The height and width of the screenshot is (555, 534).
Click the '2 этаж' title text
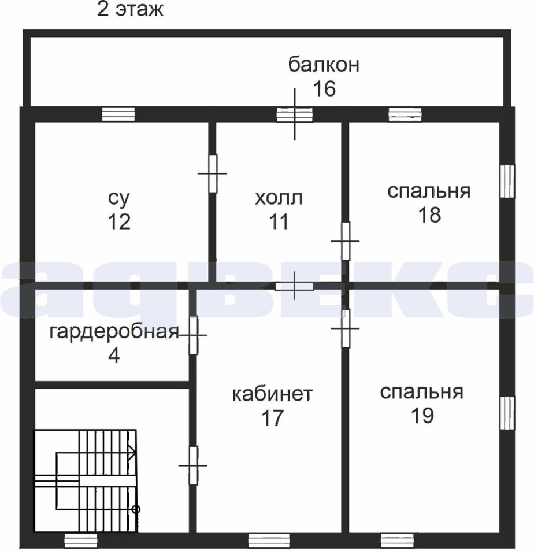pyautogui.click(x=130, y=10)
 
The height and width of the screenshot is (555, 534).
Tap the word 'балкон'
pyautogui.click(x=324, y=64)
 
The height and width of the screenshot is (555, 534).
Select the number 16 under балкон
pyautogui.click(x=325, y=88)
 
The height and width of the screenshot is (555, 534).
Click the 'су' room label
pyautogui.click(x=119, y=198)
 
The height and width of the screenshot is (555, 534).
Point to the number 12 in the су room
pyautogui.click(x=119, y=222)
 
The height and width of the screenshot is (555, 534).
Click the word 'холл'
pyautogui.click(x=279, y=198)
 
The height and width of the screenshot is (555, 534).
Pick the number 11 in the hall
pyautogui.click(x=279, y=222)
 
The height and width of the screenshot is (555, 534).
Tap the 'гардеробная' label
pyautogui.click(x=114, y=332)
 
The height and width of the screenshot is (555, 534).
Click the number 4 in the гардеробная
pyautogui.click(x=114, y=356)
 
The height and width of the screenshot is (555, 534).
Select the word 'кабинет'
pyautogui.click(x=272, y=394)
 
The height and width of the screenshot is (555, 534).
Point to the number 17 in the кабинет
pyautogui.click(x=272, y=417)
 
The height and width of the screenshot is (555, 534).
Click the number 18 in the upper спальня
pyautogui.click(x=429, y=214)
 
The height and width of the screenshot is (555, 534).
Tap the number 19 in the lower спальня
pyautogui.click(x=422, y=415)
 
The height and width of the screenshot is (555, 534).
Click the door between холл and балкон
pyautogui.click(x=295, y=114)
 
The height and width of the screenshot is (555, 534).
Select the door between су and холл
pyautogui.click(x=213, y=173)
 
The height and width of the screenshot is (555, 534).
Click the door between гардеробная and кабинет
pyautogui.click(x=193, y=335)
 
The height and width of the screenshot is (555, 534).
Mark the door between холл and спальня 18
pyautogui.click(x=346, y=241)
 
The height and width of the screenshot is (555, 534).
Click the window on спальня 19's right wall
pyautogui.click(x=507, y=413)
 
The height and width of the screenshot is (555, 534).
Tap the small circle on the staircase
pyautogui.click(x=136, y=509)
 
